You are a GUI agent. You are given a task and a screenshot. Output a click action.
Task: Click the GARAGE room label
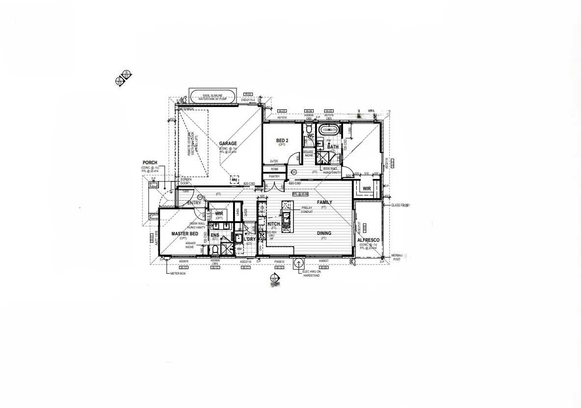pyautogui.click(x=228, y=144)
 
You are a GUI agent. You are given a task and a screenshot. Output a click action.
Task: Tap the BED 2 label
pyautogui.click(x=282, y=141)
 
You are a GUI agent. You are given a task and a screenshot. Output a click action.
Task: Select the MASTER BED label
pyautogui.click(x=184, y=234)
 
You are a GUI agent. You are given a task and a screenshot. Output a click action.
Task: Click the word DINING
pyautogui.click(x=324, y=233)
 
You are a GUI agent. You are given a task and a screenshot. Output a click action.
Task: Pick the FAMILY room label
pyautogui.click(x=324, y=202)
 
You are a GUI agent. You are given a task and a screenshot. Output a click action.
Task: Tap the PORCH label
pyautogui.click(x=150, y=162)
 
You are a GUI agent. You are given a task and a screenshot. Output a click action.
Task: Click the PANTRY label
pyautogui.click(x=274, y=176)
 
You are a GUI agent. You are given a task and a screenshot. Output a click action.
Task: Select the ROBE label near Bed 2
pyautogui.click(x=274, y=169)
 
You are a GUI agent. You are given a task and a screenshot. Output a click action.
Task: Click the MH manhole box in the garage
pyautogui.click(x=235, y=180)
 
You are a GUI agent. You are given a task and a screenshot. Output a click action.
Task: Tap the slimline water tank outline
pyautogui.click(x=213, y=96)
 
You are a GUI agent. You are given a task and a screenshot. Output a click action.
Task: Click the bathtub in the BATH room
pyautogui.click(x=328, y=130)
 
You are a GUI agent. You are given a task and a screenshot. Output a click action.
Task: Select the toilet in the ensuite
pyautogui.click(x=214, y=250)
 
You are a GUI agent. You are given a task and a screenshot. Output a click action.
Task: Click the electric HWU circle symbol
pyautogui.click(x=298, y=263)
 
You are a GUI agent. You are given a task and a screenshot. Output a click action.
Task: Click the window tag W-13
pyautogui.click(x=184, y=268)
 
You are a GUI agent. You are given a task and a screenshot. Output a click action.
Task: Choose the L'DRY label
pyautogui.click(x=250, y=239)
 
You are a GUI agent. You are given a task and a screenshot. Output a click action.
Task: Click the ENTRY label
pyautogui.click(x=194, y=203)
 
